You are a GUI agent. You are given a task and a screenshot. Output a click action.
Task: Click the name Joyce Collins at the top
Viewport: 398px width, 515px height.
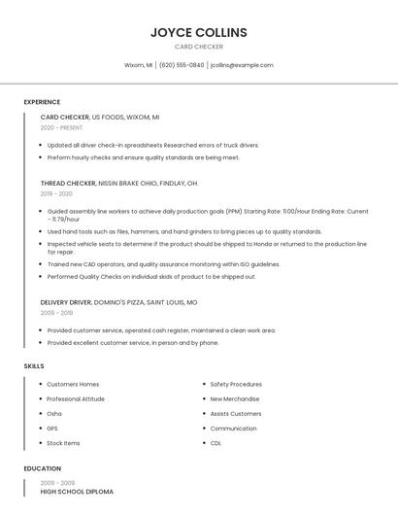(x=199, y=33)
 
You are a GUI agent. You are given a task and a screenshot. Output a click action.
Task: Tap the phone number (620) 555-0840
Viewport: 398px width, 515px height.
(x=182, y=65)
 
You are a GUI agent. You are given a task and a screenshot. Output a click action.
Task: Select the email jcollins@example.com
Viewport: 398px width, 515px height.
(x=242, y=65)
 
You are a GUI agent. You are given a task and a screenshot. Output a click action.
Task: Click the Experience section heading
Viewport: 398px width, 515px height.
(x=42, y=102)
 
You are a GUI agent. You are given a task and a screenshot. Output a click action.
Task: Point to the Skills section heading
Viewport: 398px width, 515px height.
(x=33, y=365)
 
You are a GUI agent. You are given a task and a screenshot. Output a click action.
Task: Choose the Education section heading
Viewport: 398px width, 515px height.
(x=41, y=468)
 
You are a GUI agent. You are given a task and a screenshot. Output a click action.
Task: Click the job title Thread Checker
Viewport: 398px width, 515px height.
(x=68, y=183)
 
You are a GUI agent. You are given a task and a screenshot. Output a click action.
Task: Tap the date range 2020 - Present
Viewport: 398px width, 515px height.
(x=61, y=127)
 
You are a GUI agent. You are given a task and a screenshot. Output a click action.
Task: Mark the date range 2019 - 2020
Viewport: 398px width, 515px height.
(x=56, y=193)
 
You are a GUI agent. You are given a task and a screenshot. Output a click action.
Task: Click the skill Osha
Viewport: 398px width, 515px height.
(x=54, y=413)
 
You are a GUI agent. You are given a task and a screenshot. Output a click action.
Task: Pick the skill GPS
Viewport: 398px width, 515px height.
(x=52, y=428)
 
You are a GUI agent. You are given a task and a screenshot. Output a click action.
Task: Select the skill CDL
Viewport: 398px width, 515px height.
(x=216, y=443)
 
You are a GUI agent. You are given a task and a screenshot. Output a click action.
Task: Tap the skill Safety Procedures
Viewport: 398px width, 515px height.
(x=236, y=384)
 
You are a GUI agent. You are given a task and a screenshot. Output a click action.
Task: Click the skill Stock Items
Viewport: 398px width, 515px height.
(x=63, y=443)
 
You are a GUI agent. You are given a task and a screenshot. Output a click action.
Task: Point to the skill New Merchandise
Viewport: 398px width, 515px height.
(x=235, y=398)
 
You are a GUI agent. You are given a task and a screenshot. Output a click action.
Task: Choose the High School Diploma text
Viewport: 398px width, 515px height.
(x=77, y=492)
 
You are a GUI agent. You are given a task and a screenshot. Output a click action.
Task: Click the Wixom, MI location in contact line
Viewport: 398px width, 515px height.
(x=138, y=65)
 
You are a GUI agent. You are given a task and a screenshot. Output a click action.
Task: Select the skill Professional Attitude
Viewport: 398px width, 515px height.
(x=76, y=398)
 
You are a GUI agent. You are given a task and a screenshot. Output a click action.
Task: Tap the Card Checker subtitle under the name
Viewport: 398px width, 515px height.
(x=199, y=47)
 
